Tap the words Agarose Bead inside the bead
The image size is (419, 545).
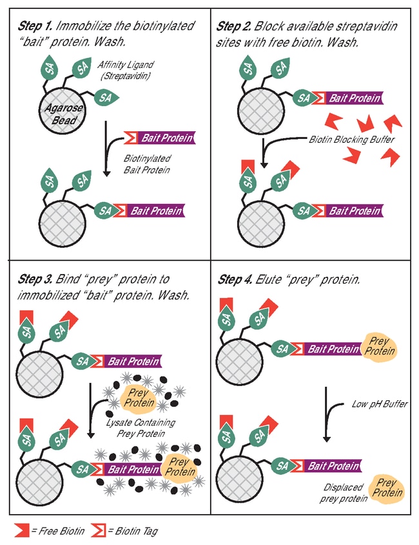tap(62, 115)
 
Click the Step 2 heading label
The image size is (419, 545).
tap(235, 26)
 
